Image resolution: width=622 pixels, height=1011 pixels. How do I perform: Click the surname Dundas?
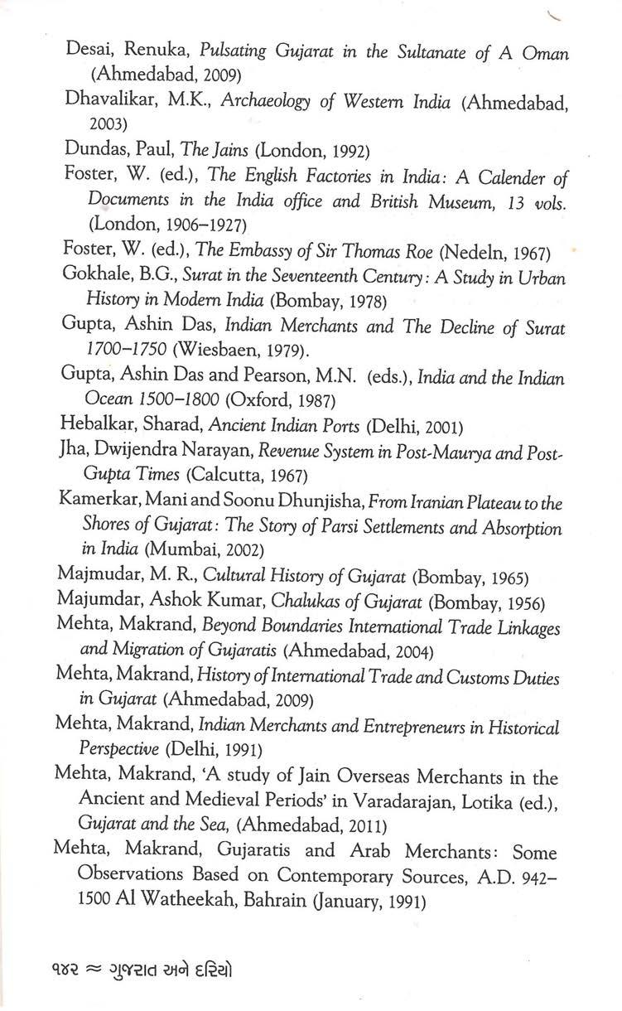click(x=94, y=151)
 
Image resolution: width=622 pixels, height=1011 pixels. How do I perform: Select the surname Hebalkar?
click(x=97, y=427)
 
